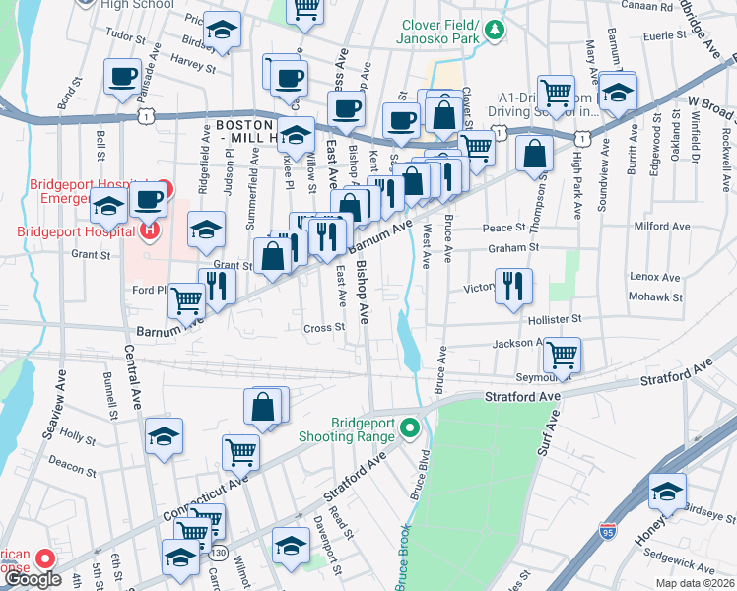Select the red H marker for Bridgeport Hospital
(149, 231)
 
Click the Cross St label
(324, 328)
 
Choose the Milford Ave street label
(659, 225)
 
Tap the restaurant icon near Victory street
(513, 286)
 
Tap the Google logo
(33, 579)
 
